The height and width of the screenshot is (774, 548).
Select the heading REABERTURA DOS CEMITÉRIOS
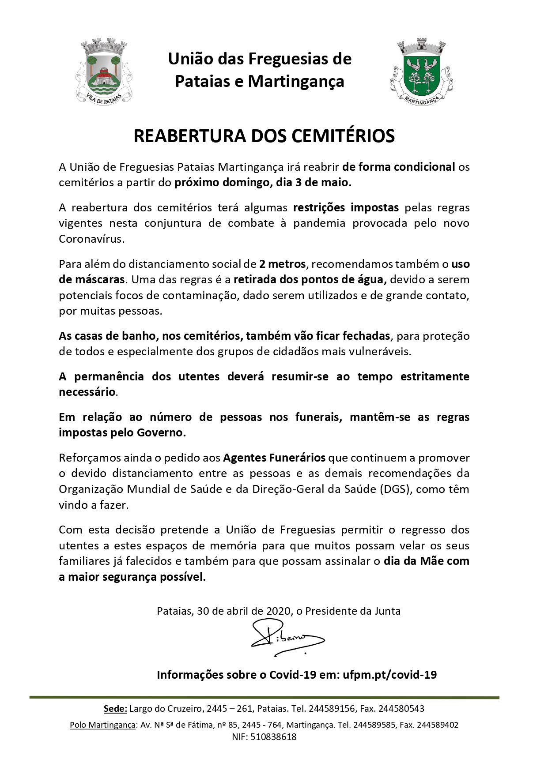(264, 136)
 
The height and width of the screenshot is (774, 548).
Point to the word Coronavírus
(92, 239)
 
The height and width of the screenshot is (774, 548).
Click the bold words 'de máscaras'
(92, 280)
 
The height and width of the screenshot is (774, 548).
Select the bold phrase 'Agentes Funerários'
(274, 458)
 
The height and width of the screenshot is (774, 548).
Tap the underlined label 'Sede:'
(115, 709)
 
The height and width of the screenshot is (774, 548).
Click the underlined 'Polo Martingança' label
(102, 725)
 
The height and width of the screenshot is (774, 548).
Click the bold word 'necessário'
(87, 392)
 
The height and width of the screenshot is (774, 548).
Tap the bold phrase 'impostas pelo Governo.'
(122, 432)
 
